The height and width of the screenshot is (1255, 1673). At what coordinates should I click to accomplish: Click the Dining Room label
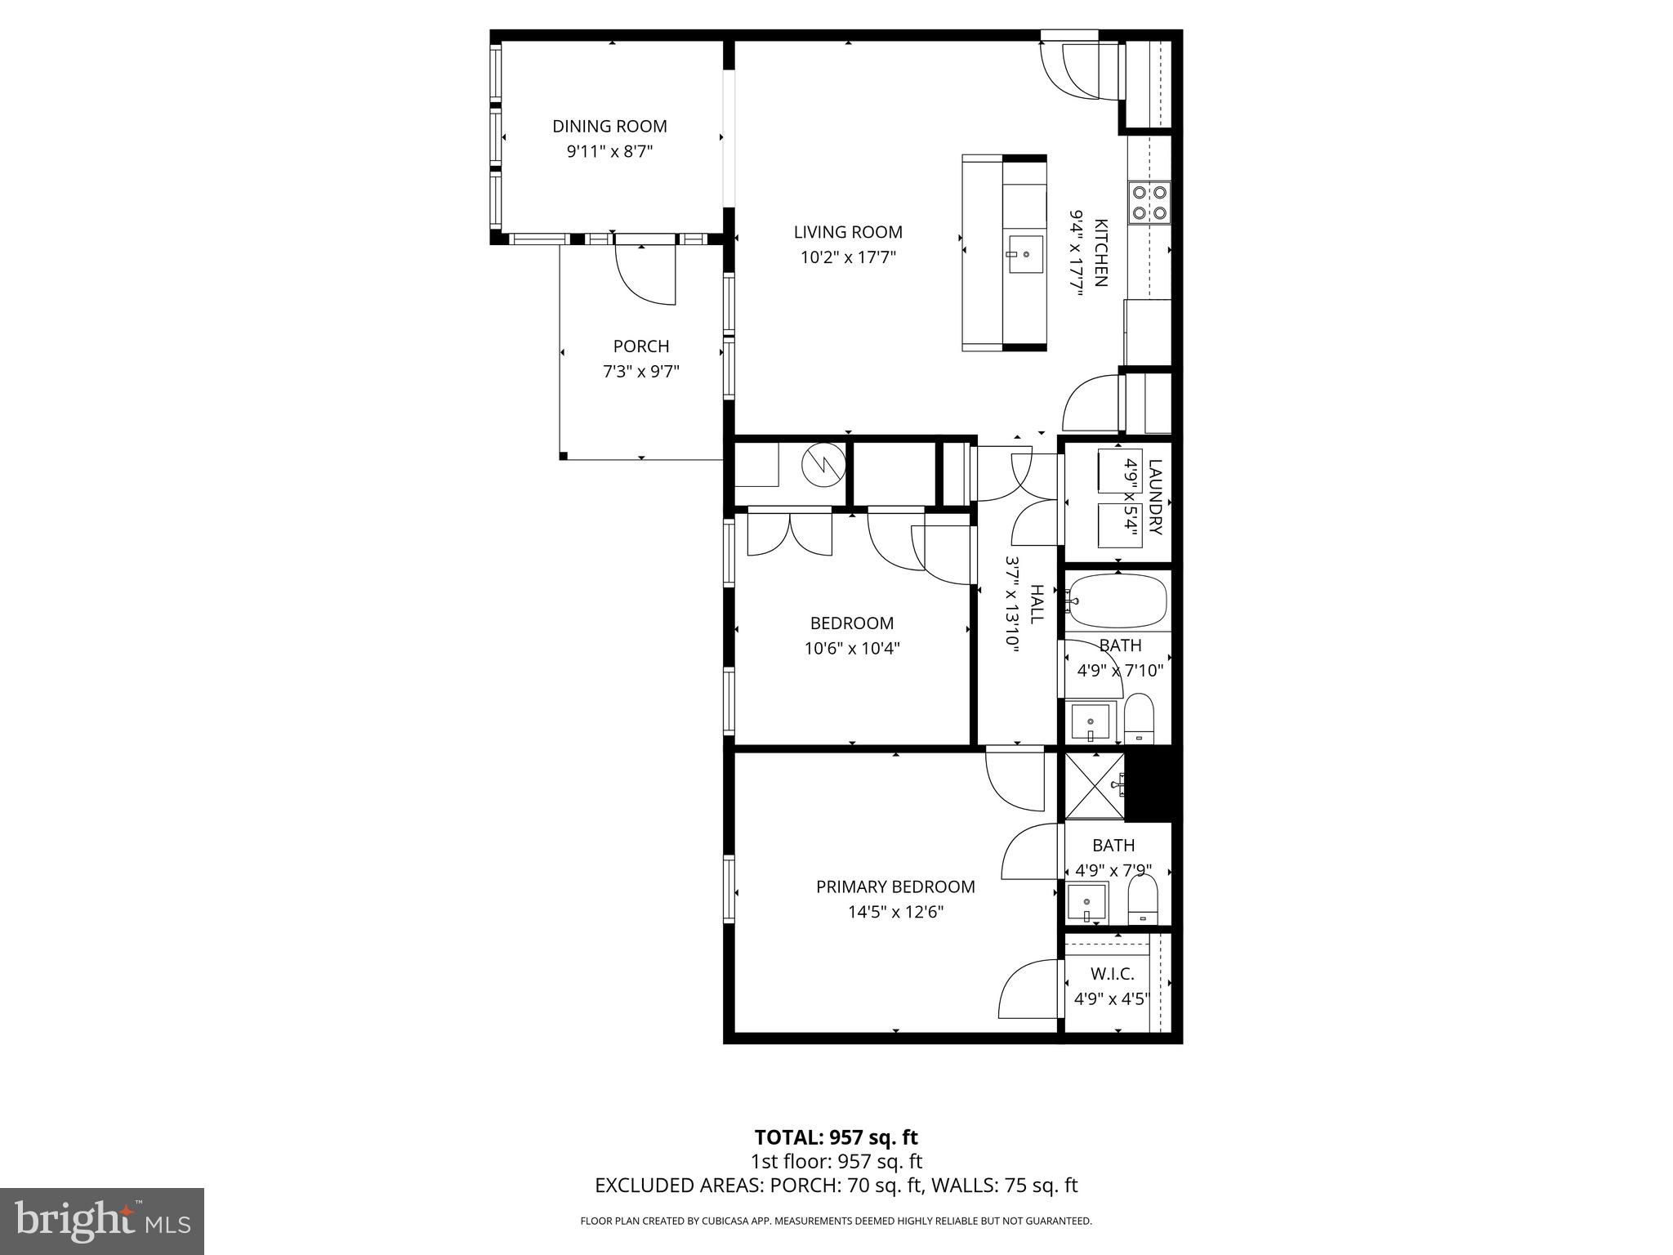click(609, 127)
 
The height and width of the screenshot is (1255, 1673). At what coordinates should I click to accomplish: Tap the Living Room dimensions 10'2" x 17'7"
click(848, 258)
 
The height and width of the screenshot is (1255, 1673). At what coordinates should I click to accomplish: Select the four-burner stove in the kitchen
click(1149, 203)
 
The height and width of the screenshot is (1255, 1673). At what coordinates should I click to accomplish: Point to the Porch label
click(641, 346)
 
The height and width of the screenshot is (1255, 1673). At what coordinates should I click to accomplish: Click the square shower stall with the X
click(1095, 786)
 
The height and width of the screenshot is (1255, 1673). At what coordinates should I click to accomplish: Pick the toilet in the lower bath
click(1142, 900)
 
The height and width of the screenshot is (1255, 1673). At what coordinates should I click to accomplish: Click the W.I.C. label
click(1112, 974)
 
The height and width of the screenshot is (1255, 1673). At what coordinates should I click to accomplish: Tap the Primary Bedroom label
click(895, 887)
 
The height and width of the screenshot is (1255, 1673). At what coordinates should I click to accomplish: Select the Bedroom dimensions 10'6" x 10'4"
click(852, 650)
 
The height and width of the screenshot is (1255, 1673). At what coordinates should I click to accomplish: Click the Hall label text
click(1037, 604)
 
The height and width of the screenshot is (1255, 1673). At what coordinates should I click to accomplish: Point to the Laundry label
click(1154, 497)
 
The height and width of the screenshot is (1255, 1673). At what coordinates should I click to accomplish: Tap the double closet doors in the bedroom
click(790, 534)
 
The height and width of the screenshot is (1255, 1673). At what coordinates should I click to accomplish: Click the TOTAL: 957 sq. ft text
click(836, 1137)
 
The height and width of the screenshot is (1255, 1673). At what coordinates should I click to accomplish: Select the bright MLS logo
click(102, 1222)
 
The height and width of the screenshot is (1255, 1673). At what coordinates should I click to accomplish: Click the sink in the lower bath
click(1087, 902)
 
